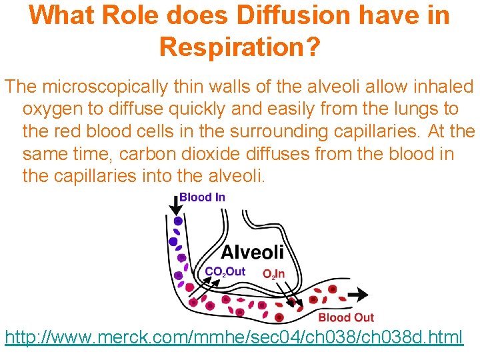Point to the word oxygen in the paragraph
tap(53, 109)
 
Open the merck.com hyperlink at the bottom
tap(233, 337)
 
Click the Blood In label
tap(202, 197)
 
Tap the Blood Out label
tap(346, 317)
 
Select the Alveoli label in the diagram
tap(252, 251)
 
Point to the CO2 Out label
tap(225, 271)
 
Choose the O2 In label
tap(273, 273)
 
